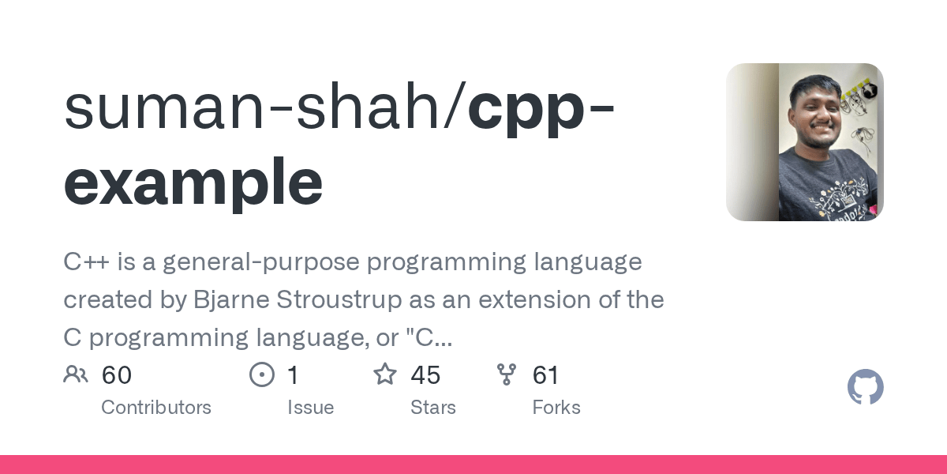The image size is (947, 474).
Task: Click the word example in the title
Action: point(193,182)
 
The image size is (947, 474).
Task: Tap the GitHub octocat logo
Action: point(865,388)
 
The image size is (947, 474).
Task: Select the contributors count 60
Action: point(117,375)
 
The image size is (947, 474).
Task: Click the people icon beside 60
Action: point(76,374)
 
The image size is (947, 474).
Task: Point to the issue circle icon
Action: point(261,374)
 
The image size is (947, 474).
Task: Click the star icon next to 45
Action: point(385,374)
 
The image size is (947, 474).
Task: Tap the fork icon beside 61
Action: point(507,374)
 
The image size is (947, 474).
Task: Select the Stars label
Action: point(432,408)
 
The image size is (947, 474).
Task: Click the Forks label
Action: point(556,408)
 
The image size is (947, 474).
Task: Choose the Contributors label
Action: point(156,408)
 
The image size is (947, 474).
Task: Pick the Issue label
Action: point(310,408)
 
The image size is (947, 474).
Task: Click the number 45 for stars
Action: point(425,375)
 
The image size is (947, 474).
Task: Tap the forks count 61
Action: point(546,375)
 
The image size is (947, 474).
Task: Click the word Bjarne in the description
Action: point(219,300)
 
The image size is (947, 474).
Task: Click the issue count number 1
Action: point(293,375)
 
